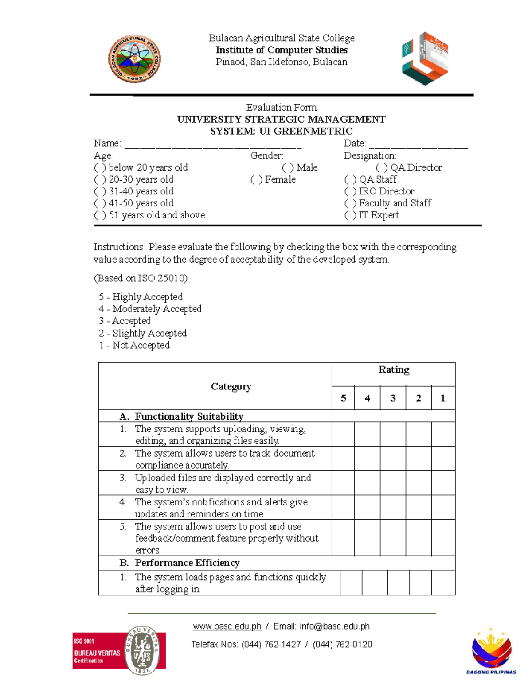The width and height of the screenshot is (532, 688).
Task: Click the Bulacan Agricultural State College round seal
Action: (x=134, y=59)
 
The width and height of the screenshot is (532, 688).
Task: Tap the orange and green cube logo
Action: (x=425, y=58)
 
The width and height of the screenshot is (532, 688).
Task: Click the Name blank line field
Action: (x=213, y=145)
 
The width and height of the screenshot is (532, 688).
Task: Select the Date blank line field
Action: (x=419, y=145)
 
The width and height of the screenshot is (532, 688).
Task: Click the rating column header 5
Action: (x=343, y=398)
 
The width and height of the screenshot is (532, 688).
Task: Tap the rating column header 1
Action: (x=442, y=398)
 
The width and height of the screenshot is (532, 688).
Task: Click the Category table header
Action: (x=231, y=386)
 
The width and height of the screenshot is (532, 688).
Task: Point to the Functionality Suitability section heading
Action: (x=189, y=416)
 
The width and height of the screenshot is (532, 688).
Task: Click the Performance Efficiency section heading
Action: (x=187, y=563)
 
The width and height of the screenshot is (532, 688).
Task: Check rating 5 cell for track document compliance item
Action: (x=343, y=459)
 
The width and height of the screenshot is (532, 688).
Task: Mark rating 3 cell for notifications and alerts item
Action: (x=393, y=507)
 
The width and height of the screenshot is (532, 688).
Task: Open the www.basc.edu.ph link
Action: (x=227, y=626)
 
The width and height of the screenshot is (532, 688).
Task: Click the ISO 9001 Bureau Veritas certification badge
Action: (x=119, y=650)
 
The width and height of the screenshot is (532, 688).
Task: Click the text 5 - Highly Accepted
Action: (x=141, y=297)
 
